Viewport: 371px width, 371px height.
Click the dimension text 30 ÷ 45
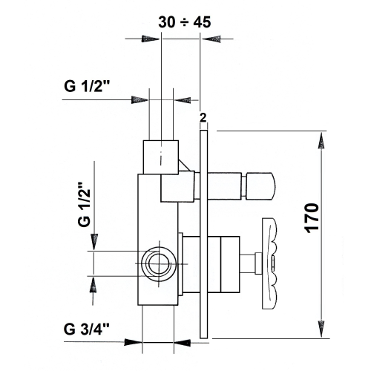point(185,22)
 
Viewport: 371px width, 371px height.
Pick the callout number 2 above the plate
point(203,117)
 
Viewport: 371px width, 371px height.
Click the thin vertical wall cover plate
point(204,237)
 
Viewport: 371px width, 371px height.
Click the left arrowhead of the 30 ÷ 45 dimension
point(152,42)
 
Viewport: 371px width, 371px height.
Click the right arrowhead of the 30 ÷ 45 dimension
point(210,42)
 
